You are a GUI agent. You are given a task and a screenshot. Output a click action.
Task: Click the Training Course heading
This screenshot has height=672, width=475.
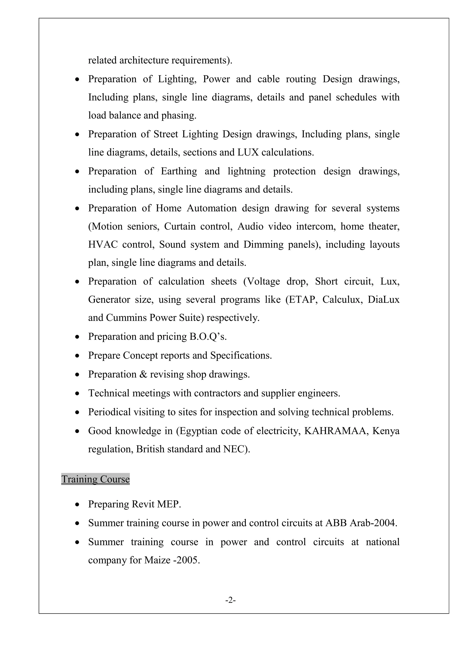95,479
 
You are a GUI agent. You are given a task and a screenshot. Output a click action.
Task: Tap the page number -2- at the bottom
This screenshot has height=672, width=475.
231,600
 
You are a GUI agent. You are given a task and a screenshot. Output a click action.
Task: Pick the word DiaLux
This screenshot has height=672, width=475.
383,299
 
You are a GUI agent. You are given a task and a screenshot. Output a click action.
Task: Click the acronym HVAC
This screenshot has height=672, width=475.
103,244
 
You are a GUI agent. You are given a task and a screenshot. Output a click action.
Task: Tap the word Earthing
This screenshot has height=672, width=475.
179,171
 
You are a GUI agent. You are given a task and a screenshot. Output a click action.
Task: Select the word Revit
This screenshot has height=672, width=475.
143,504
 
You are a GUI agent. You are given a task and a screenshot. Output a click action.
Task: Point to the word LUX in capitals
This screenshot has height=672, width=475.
248,152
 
